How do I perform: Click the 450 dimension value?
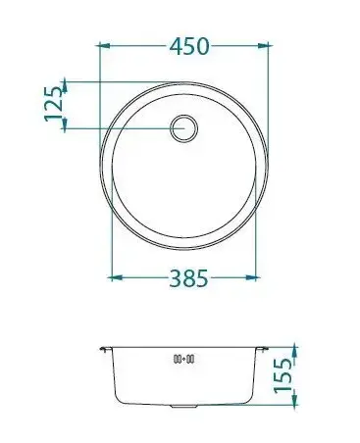point(189,46)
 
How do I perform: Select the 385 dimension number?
point(188,278)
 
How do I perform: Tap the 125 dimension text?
point(53,104)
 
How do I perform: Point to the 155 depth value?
point(283,375)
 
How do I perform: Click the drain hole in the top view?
point(184,128)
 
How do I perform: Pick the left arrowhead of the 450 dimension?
point(105,46)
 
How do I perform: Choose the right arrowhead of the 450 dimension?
point(265,46)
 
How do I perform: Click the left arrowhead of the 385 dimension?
point(116,278)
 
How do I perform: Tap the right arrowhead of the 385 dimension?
point(251,278)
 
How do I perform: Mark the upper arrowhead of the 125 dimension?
point(65,85)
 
